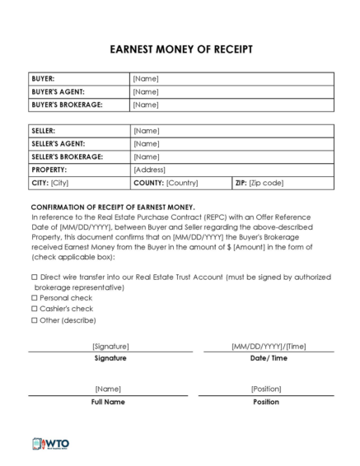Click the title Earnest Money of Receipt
coord(180,49)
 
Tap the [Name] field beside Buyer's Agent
coord(146,91)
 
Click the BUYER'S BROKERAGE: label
coord(67,105)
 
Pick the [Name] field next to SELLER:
coord(146,131)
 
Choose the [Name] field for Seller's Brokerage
coord(146,156)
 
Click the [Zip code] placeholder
coord(266,183)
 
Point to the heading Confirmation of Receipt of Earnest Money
coord(113,207)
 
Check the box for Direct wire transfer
coord(34,278)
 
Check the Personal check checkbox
coord(34,297)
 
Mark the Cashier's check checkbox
coord(34,309)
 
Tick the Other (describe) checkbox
coord(34,319)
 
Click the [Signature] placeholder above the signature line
coord(110,347)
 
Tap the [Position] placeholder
coord(266,389)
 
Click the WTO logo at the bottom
coord(50,444)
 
